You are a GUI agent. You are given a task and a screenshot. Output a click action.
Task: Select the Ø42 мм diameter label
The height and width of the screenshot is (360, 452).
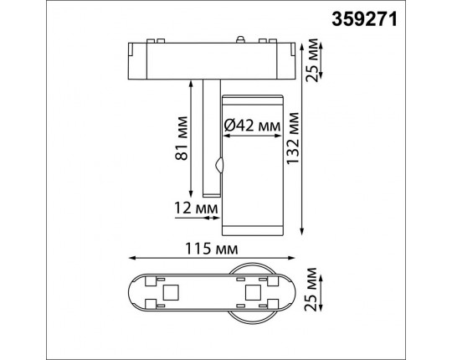[x=252, y=127]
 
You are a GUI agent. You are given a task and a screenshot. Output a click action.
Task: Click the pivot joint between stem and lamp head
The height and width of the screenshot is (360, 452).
[x=219, y=165]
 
